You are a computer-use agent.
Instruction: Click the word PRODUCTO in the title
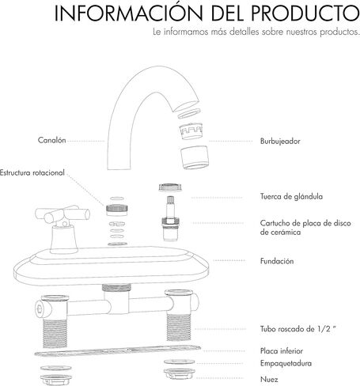click(305, 13)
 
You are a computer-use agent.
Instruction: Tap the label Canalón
click(51, 140)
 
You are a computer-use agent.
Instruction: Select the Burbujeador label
click(280, 142)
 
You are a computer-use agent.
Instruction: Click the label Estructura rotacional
click(32, 172)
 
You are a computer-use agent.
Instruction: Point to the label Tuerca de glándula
click(291, 196)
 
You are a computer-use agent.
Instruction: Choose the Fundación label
click(277, 261)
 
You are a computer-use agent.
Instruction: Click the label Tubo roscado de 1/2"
click(298, 329)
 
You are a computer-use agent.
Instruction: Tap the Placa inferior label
click(282, 351)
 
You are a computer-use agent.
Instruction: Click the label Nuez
click(269, 380)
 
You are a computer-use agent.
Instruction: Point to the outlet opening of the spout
click(187, 106)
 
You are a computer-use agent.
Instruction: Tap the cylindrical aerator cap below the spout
click(195, 157)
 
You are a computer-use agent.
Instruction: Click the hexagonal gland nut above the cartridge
click(170, 187)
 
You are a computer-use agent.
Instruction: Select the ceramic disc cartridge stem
click(171, 218)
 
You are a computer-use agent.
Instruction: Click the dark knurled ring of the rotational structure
click(117, 208)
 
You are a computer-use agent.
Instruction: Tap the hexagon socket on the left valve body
click(40, 308)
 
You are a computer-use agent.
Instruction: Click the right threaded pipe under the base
click(179, 327)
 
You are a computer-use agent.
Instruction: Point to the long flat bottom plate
click(118, 350)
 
